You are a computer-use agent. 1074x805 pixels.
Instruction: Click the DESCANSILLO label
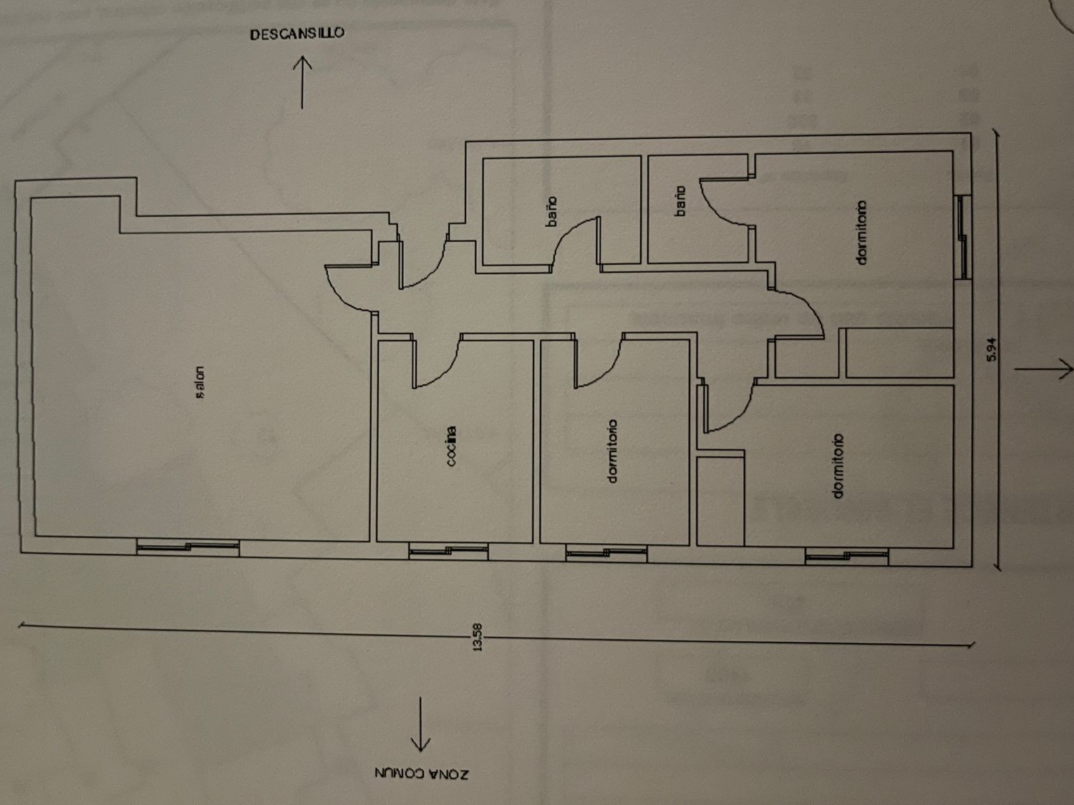297,34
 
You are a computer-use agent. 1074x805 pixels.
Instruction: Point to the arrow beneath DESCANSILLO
302,82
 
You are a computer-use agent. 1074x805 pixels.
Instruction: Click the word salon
199,383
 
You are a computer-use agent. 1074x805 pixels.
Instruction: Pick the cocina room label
451,447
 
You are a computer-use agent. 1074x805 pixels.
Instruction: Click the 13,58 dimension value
478,638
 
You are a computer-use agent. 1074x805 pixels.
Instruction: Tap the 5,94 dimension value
992,350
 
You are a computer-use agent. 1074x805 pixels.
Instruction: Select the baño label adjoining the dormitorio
679,201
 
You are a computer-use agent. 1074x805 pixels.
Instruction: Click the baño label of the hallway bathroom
551,211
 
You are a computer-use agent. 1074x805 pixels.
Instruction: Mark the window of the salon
188,547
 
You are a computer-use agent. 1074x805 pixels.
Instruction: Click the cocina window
448,551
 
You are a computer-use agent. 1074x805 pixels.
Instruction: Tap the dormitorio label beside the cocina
611,452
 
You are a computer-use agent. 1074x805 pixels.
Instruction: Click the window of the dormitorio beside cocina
606,553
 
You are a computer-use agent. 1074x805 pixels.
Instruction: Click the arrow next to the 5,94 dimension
1044,369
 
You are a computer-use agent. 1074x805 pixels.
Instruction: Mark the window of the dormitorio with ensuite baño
964,237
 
